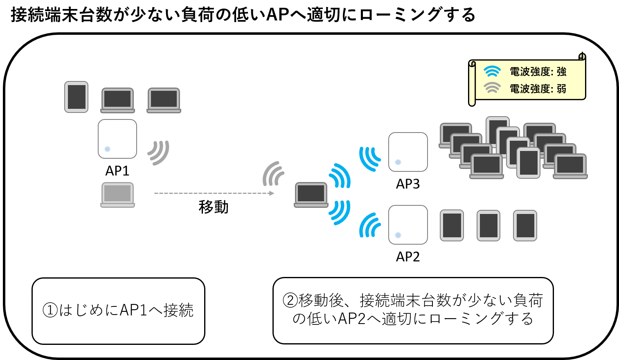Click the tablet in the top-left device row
tap(76, 97)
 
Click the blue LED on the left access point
tap(108, 149)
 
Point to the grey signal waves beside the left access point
tap(159, 152)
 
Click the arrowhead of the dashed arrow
tap(272, 193)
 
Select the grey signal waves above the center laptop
tap(273, 174)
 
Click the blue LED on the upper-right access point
tap(398, 162)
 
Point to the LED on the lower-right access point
tap(398, 235)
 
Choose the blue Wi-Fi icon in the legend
tap(492, 71)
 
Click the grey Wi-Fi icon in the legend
tap(492, 88)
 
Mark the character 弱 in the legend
tap(561, 89)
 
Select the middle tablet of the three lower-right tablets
tap(488, 225)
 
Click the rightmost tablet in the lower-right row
tap(525, 225)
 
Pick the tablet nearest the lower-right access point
tap(452, 225)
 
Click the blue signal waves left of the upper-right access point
tap(370, 159)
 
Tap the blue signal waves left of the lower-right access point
tap(370, 225)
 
